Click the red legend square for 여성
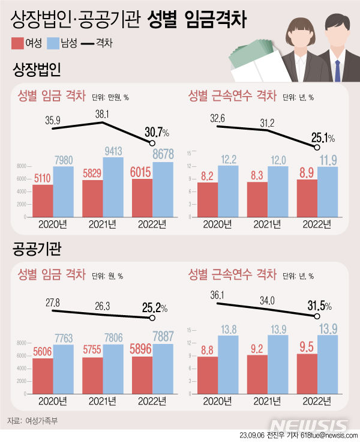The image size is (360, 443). [17, 43]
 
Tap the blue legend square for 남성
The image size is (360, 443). [53, 43]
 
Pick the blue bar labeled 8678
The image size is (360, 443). [163, 190]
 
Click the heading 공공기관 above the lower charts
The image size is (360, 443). [37, 247]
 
